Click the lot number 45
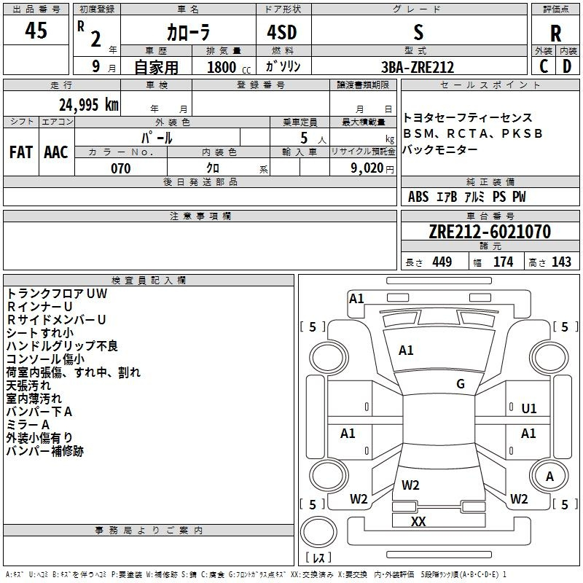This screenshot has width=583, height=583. point(36,30)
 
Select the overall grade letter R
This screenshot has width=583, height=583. point(555,34)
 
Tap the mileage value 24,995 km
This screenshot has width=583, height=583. point(88,105)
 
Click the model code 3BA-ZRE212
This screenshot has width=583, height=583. point(418,67)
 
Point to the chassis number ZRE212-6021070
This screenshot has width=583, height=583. point(490,231)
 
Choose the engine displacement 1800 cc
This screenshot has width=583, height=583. point(229,67)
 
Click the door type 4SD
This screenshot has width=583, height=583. point(282,32)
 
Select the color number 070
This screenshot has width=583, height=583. point(121,168)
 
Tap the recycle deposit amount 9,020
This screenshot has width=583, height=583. point(367,168)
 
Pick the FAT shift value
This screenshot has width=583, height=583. point(21,152)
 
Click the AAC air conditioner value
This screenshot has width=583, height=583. point(56,152)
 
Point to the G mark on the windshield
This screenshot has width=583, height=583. point(461,384)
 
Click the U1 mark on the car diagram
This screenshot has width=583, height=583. point(529,409)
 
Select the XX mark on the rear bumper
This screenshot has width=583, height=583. point(418,521)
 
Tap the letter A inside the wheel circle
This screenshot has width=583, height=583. point(550,477)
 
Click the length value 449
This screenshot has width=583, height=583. point(442,262)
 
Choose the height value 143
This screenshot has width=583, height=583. point(561,262)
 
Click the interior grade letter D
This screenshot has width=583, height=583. point(567,66)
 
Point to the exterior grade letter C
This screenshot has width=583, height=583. point(544,66)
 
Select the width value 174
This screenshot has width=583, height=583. point(504,262)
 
